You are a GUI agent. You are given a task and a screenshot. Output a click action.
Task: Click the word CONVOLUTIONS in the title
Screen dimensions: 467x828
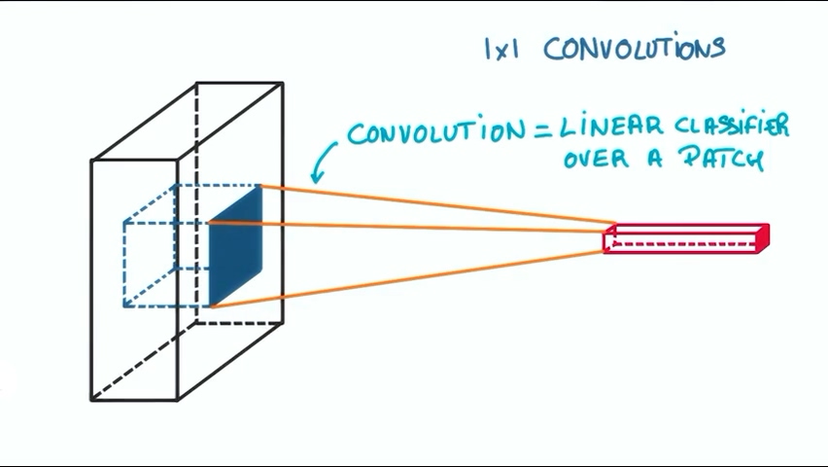tap(634, 48)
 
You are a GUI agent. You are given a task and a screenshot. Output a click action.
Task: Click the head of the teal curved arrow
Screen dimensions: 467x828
tap(314, 178)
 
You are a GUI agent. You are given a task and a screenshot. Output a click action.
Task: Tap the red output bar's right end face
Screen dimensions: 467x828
tap(764, 237)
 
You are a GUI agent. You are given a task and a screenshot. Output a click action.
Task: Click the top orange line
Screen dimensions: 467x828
tap(437, 203)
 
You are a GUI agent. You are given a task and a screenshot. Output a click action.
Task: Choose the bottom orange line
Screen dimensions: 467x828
tap(408, 279)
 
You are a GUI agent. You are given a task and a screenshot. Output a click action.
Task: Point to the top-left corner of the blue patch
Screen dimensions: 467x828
tap(210, 223)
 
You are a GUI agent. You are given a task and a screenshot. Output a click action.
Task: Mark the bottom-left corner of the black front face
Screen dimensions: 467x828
tap(91, 400)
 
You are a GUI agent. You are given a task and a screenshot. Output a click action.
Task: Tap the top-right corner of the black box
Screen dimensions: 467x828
tap(283, 83)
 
